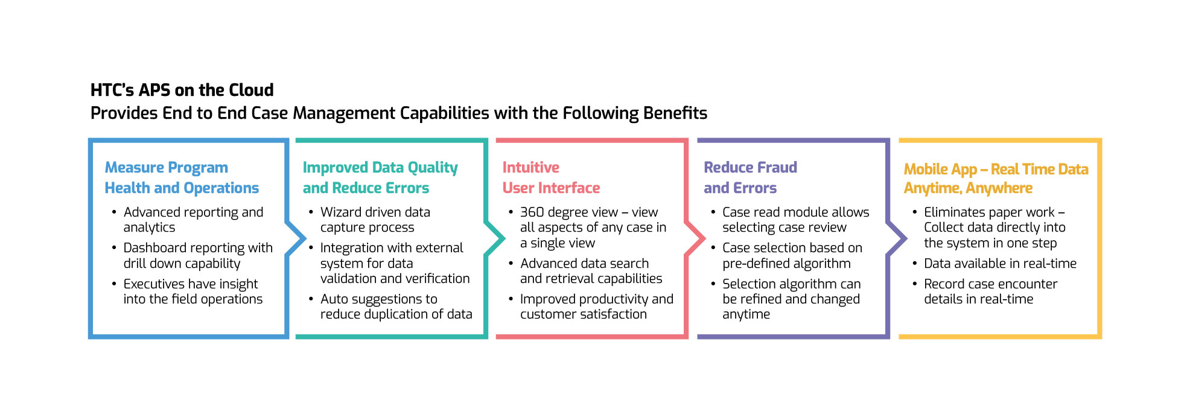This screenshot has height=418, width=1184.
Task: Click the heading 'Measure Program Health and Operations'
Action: (182, 177)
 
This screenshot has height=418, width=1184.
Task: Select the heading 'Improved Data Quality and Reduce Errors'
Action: (380, 177)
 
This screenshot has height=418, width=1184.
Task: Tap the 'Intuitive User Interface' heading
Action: (551, 177)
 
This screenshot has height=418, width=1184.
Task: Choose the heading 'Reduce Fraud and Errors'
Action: (750, 177)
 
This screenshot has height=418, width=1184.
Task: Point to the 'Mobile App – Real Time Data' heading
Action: (996, 169)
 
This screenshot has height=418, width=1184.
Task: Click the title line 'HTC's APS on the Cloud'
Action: (182, 90)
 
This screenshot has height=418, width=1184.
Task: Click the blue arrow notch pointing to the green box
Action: (296, 239)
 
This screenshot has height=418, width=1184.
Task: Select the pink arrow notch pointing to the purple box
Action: (695, 239)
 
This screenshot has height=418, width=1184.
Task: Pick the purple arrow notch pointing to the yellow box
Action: (897, 239)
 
